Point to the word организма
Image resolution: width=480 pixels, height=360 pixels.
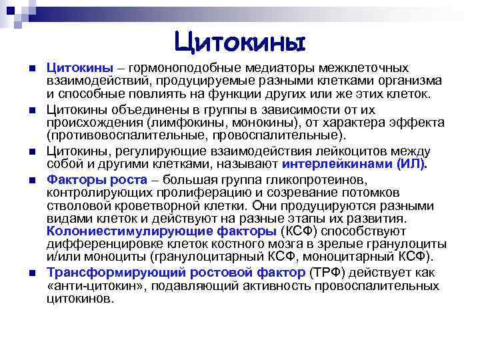(408, 81)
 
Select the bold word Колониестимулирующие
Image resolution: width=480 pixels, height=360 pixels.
(112, 232)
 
